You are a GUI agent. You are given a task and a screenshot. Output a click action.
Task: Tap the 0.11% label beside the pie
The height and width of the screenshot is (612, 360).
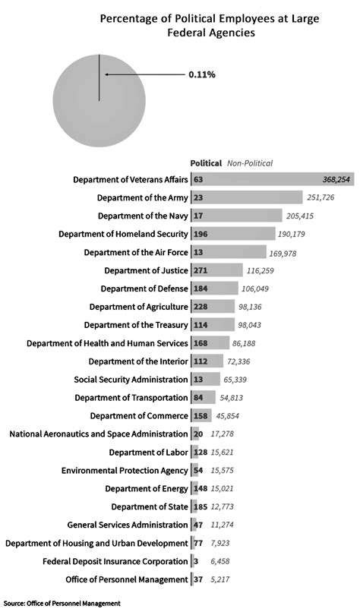point(202,74)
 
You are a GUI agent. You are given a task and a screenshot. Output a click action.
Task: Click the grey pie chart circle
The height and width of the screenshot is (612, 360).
point(99,101)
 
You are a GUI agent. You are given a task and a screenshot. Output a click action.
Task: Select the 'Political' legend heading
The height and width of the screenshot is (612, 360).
point(206,163)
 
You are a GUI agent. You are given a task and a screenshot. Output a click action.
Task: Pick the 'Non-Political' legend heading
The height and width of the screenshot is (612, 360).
point(250,163)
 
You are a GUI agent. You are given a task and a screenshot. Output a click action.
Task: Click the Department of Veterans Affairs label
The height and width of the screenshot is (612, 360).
point(131,179)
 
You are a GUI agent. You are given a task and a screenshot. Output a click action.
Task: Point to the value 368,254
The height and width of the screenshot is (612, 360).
point(336,179)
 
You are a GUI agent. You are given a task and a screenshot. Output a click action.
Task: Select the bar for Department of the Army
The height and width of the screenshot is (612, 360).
point(246,197)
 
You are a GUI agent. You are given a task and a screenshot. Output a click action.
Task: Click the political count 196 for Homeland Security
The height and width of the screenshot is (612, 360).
point(201,234)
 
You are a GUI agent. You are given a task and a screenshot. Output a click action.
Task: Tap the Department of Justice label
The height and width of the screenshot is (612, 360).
point(146,270)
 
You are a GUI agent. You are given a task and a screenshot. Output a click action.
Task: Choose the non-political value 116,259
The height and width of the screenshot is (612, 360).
point(260,270)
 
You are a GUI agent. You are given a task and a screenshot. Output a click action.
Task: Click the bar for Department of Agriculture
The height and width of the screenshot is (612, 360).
point(213,307)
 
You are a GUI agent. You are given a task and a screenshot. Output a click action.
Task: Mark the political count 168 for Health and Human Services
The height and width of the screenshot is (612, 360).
point(201,343)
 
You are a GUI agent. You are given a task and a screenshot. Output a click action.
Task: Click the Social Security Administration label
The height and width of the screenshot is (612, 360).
point(131,380)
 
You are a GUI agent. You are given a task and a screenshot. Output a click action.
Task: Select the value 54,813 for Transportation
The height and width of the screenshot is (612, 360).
point(229,398)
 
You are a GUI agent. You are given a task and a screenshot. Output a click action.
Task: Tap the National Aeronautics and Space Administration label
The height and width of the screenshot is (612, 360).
point(99,434)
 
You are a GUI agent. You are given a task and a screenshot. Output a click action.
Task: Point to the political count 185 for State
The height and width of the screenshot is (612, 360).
point(201,506)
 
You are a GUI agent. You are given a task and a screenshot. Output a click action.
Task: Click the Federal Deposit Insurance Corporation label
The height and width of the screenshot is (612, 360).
point(115,561)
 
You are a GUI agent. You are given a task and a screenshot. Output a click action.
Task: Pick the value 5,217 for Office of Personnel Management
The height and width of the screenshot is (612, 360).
point(219,579)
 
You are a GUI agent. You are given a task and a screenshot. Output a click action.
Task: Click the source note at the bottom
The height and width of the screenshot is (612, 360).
point(62,604)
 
